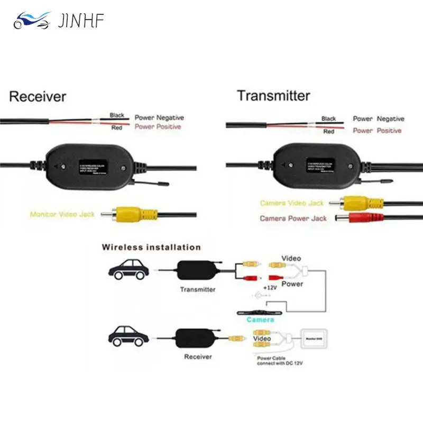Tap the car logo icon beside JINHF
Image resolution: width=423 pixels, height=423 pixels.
coord(32,22)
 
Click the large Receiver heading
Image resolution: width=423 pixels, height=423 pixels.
coord(38,96)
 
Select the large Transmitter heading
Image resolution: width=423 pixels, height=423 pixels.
coord(273,96)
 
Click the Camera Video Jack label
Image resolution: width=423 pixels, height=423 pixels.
coord(291,203)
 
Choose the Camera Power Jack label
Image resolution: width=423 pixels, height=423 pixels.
coord(293,218)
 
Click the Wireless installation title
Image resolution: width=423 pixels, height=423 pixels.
coord(151,247)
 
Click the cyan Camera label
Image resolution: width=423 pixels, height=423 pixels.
coord(260,320)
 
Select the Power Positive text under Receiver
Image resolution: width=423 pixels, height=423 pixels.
coord(158,127)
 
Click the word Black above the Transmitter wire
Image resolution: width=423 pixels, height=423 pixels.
coord(328,119)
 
